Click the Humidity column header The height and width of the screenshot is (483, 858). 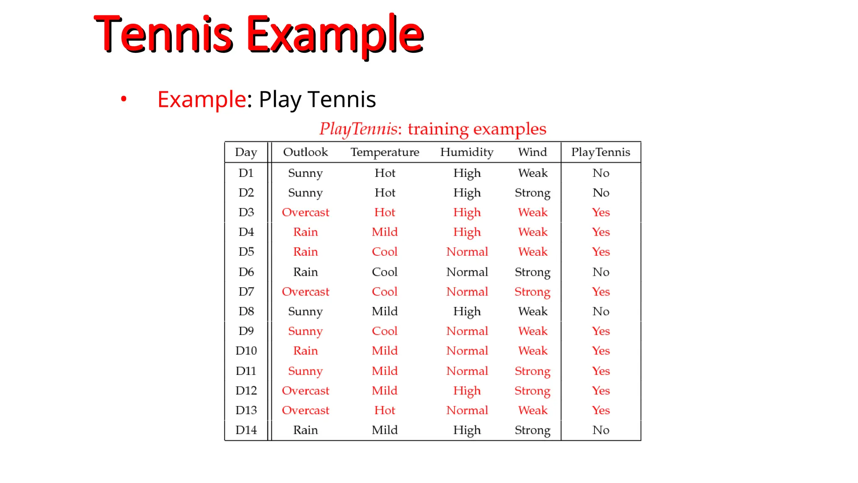tap(467, 152)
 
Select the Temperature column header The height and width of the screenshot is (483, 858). tap(385, 152)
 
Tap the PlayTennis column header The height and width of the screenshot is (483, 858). tap(600, 152)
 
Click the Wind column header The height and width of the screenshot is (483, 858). tap(532, 152)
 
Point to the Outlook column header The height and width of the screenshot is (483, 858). tap(305, 152)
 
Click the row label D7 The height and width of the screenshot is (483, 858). tap(246, 292)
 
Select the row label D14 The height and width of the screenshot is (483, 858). tap(246, 430)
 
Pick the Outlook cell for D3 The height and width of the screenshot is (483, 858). tap(305, 213)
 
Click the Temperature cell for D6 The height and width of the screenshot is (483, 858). tap(385, 272)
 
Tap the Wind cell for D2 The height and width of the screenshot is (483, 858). tap(532, 193)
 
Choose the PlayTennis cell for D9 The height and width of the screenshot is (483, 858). tap(601, 331)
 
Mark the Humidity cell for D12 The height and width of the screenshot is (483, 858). tap(467, 391)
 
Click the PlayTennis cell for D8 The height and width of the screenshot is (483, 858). tap(601, 312)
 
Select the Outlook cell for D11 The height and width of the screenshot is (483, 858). tap(305, 371)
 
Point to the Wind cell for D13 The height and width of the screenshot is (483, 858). tap(532, 410)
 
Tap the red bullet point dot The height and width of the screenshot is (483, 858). tap(124, 99)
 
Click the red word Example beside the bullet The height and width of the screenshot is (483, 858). tap(202, 99)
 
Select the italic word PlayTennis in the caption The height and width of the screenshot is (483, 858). tap(358, 129)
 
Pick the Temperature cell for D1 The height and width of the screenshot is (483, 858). tap(385, 173)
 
